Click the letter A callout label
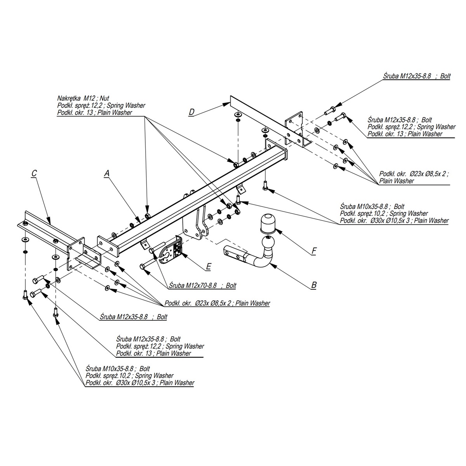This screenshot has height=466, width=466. click(106, 175)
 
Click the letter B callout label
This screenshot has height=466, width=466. click(314, 285)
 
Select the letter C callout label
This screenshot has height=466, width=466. click(34, 173)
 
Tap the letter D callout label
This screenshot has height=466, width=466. click(191, 112)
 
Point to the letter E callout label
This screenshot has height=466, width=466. click(209, 266)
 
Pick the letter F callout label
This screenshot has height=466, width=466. click(314, 252)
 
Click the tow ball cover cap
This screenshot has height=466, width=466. click(266, 223)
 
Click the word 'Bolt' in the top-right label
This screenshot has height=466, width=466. click(445, 76)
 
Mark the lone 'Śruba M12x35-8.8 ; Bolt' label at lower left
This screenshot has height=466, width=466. click(133, 317)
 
